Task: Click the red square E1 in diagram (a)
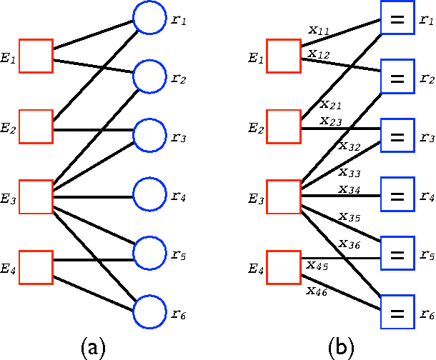coord(36,56)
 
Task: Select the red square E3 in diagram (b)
coord(283,196)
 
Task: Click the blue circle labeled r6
coord(150,311)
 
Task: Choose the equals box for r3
coord(397,136)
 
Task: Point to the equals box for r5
coord(397,254)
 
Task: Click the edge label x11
coord(319,31)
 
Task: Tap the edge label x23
coord(331,121)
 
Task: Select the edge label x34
coord(349,189)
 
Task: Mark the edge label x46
coord(317,290)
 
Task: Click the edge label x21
coord(330,104)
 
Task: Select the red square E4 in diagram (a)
coord(36,267)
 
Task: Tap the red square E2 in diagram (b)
coord(283,127)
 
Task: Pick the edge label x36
coord(349,244)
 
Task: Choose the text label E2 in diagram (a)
coord(9,129)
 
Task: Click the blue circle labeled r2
coord(150,76)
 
